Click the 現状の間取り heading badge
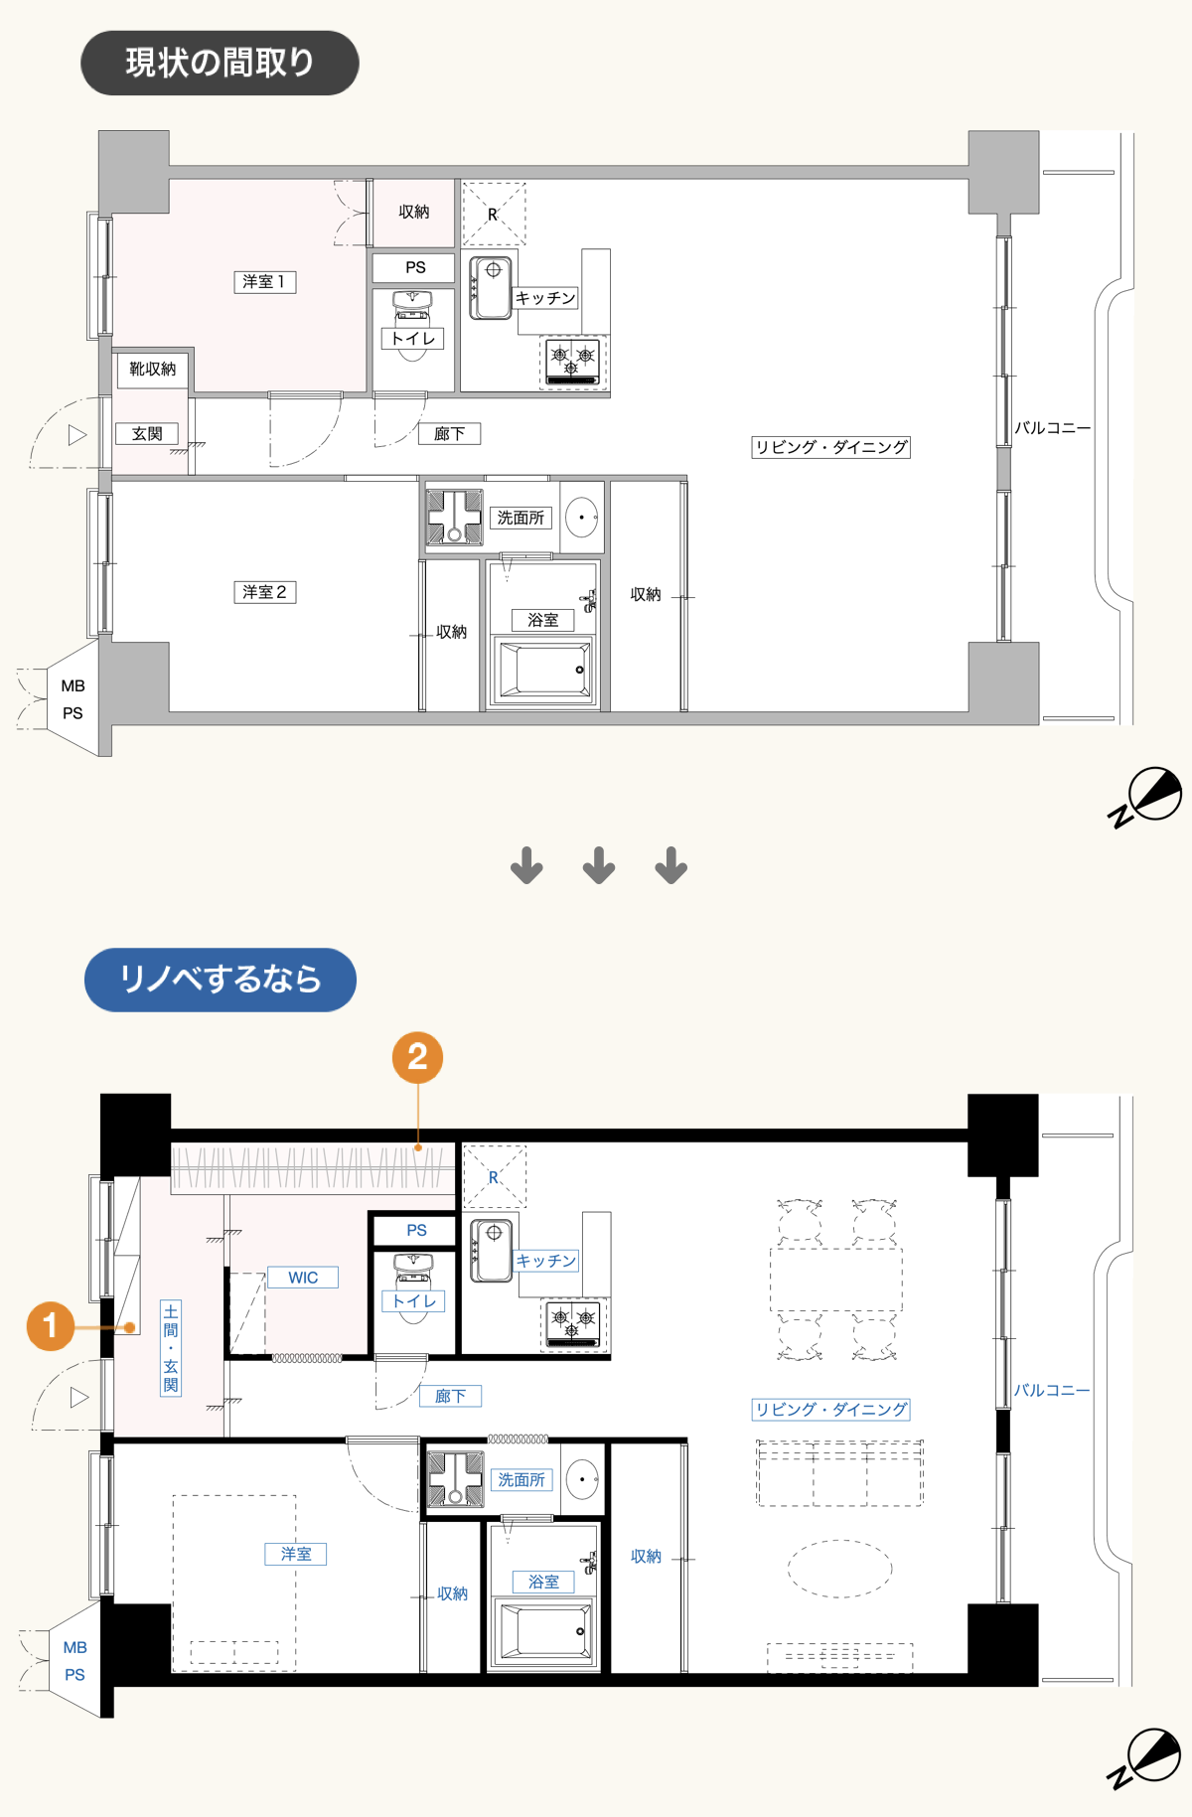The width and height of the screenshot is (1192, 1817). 220,63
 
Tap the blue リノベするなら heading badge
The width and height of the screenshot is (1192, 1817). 221,980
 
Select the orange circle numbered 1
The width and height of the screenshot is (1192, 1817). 50,1326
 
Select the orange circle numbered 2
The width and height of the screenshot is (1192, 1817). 417,1057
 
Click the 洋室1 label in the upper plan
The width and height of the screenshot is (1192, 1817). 264,282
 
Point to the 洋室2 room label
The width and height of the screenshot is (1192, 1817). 265,592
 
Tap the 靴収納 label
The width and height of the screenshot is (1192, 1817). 153,370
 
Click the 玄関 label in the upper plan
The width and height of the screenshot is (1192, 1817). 147,434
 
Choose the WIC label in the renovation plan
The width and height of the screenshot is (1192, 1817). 303,1278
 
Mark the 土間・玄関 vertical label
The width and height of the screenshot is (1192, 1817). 171,1348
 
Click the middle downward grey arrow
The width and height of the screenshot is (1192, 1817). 599,865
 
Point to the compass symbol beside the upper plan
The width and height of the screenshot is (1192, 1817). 1146,796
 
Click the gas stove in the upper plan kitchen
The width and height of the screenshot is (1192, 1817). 573,361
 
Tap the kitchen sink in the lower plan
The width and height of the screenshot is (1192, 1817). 492,1251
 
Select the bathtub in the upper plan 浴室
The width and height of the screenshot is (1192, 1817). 544,670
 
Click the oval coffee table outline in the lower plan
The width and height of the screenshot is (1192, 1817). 840,1569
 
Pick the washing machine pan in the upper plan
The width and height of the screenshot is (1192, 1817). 454,517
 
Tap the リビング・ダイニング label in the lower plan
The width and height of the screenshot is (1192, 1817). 831,1410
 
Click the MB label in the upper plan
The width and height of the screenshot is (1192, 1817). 73,686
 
